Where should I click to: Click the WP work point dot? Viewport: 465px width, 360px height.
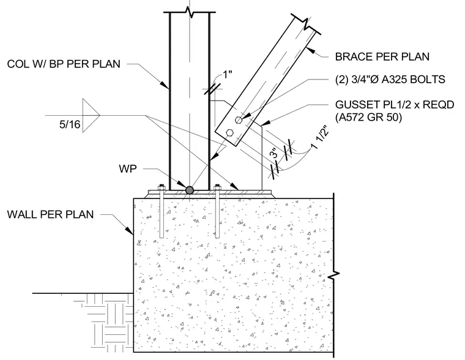(189, 190)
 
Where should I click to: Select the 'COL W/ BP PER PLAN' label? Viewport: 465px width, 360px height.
(64, 64)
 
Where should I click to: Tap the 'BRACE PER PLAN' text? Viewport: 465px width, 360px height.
(382, 57)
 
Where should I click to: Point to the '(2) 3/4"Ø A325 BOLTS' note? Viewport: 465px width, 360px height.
(390, 80)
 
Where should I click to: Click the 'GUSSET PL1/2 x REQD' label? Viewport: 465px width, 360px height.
(395, 105)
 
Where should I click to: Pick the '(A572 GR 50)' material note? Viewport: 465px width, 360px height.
(368, 118)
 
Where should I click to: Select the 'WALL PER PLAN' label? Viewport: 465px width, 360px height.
(50, 214)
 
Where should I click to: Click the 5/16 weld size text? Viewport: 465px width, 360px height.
(70, 124)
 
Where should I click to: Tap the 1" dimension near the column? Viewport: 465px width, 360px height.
(227, 74)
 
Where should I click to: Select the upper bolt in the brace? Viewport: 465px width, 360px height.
(239, 120)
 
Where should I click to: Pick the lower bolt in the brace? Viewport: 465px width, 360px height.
(229, 132)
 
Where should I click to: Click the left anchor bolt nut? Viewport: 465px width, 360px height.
(162, 187)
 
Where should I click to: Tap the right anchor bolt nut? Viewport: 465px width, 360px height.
(217, 187)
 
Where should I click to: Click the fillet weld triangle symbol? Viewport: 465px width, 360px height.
(91, 115)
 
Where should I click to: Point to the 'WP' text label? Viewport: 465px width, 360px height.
(128, 169)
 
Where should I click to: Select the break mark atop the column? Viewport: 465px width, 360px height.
(190, 12)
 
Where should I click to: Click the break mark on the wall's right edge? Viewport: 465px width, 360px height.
(334, 275)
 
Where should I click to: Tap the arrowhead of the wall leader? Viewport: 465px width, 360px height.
(130, 231)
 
